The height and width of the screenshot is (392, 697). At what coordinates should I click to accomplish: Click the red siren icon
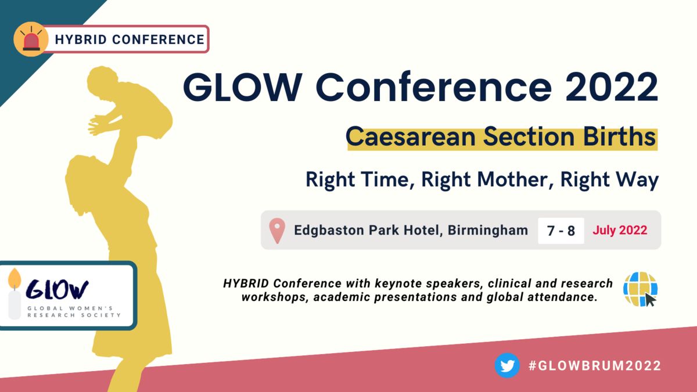31,39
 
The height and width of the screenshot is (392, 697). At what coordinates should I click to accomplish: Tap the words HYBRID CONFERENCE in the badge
130,39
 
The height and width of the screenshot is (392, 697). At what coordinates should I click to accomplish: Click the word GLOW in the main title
243,87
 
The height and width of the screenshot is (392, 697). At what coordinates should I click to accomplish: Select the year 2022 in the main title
612,87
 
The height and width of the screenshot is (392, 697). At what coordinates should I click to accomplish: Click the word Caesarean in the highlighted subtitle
411,137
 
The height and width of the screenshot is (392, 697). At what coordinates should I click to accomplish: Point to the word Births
619,137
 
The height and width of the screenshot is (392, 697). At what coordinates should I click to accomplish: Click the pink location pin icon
277,231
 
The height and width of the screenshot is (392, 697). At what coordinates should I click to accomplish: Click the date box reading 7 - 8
561,231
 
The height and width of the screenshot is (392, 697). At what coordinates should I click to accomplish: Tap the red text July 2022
620,230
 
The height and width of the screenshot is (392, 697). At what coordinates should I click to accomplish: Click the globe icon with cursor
640,289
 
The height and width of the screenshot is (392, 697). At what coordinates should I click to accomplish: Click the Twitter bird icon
507,365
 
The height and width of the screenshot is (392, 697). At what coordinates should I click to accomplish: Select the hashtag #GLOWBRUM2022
595,365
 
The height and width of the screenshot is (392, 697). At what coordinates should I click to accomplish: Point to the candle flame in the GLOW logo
15,278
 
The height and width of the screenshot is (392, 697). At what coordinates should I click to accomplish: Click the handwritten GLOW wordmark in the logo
58,289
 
